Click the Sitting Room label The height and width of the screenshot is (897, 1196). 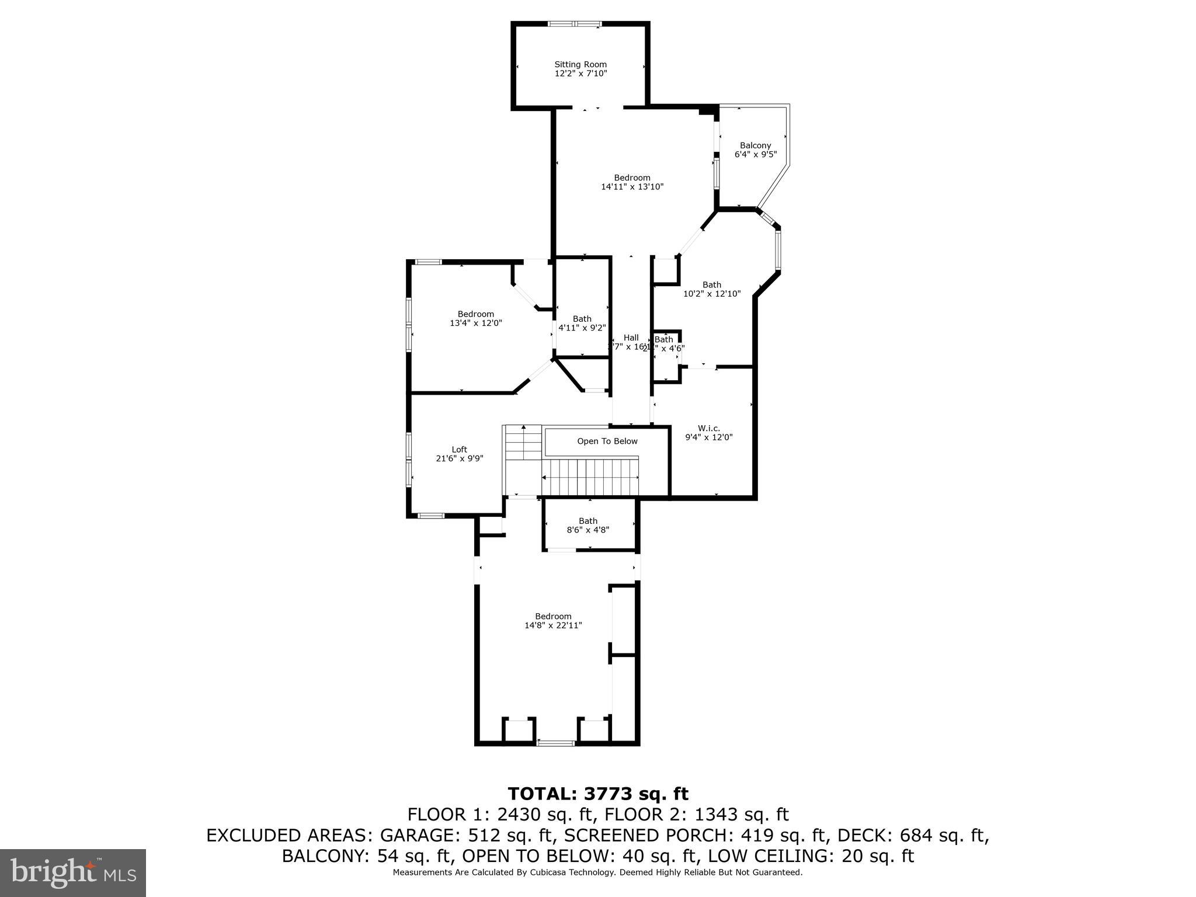coord(580,64)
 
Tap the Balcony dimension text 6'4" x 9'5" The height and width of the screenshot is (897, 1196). coord(755,155)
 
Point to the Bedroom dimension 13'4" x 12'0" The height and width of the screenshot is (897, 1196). coord(475,323)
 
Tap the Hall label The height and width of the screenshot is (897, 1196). coord(631,338)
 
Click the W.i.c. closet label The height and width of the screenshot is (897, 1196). coord(708,428)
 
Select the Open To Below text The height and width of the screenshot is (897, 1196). coord(607,441)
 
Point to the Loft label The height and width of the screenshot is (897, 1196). coord(459,450)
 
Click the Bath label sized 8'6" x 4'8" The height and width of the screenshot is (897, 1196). coord(588,521)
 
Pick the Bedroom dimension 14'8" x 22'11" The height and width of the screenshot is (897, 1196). coord(553,625)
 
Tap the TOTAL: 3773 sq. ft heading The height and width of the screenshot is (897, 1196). coord(597,794)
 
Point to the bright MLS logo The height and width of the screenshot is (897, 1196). coord(72,872)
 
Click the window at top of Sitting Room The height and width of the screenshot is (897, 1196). coord(574,24)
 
